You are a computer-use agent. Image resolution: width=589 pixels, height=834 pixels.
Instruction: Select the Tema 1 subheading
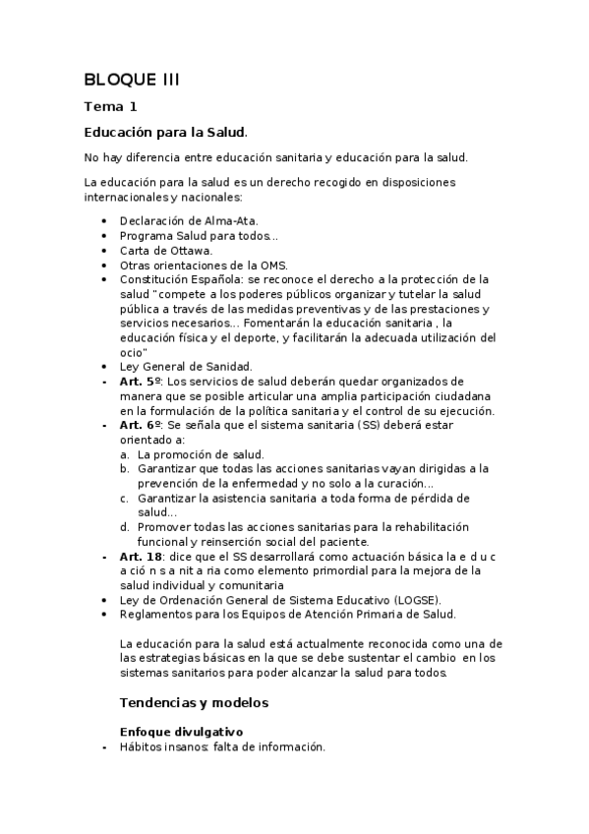coord(110,106)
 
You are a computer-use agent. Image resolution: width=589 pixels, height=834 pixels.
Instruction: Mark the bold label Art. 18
coord(140,556)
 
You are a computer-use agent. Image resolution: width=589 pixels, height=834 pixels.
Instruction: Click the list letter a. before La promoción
coord(125,454)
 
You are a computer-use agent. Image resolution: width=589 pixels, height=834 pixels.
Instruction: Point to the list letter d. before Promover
coord(125,526)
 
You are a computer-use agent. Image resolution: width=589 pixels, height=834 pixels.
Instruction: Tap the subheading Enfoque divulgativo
coord(181,732)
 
